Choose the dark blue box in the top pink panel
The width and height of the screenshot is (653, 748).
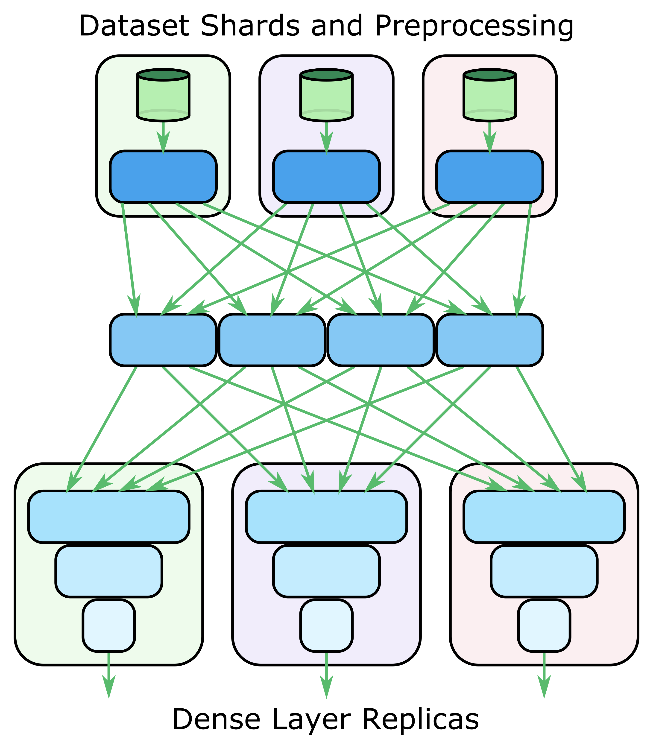[489, 176]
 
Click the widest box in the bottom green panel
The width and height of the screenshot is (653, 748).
[108, 517]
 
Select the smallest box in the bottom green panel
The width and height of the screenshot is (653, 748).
[108, 625]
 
